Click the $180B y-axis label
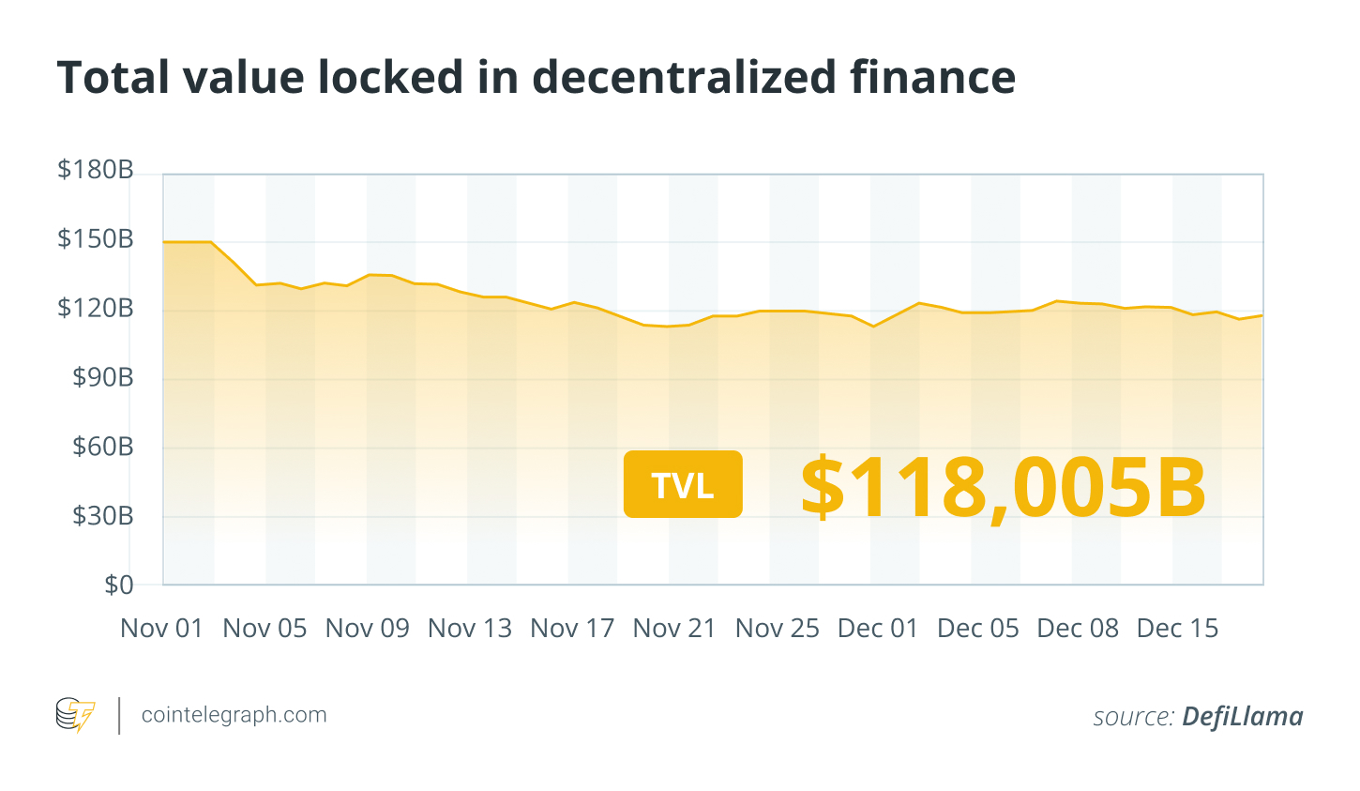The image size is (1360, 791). click(96, 170)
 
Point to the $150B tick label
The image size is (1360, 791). click(96, 239)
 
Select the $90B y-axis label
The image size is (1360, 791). click(103, 377)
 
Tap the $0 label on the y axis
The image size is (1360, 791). click(119, 585)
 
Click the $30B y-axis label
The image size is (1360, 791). click(103, 515)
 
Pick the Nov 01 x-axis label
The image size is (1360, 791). click(161, 629)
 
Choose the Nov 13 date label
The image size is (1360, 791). click(470, 629)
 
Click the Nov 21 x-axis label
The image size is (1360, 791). click(674, 629)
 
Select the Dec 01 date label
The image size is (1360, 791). click(878, 629)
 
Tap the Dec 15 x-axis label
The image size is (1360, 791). click(1177, 629)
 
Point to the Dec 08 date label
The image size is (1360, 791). click(1078, 629)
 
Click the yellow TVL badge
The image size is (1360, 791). click(683, 484)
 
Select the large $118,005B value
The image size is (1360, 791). click(1003, 487)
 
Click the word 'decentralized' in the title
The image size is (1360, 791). click(683, 77)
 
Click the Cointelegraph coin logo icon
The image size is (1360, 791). click(76, 715)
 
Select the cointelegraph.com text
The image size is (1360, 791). click(234, 715)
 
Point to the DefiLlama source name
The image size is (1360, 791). click(1242, 717)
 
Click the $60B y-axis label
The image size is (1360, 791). click(103, 447)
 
